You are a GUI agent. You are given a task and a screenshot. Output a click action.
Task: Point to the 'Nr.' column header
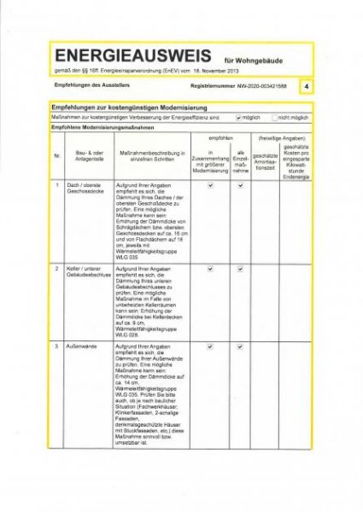(x=57, y=156)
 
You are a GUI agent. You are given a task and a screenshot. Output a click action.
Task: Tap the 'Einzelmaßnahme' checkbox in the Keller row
(x=240, y=270)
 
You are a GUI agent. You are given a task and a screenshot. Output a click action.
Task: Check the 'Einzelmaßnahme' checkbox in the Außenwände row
(x=240, y=348)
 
